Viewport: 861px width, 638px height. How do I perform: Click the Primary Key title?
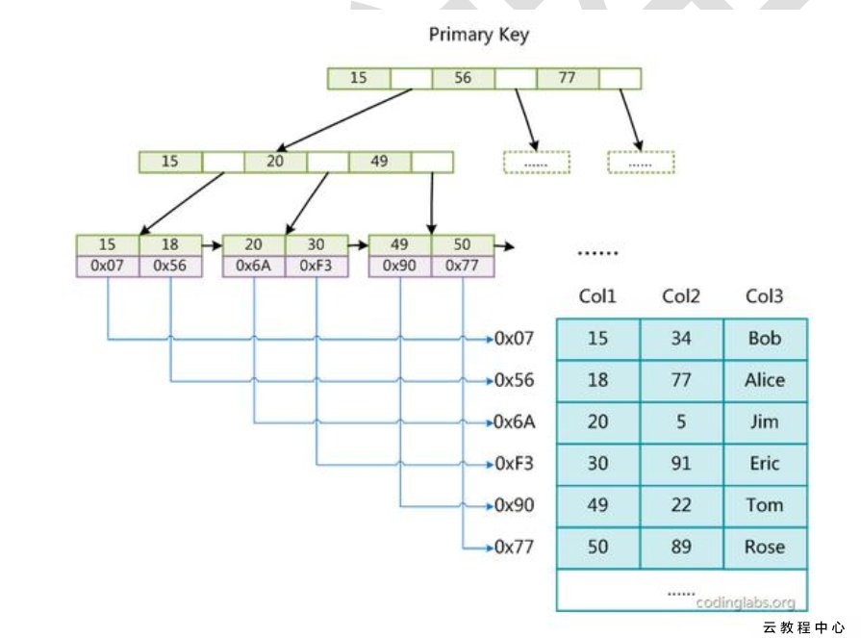478,35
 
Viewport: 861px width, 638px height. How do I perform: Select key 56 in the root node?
463,78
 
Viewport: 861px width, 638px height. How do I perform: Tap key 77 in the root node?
567,78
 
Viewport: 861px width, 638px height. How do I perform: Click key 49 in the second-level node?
379,162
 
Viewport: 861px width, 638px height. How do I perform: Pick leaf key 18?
170,244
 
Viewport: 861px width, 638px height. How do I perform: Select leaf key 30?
317,244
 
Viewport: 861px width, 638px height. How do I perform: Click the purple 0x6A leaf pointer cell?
254,265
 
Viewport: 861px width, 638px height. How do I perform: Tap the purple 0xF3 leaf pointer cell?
317,265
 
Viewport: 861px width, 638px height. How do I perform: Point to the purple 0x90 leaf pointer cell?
399,265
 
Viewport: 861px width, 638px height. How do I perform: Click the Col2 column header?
681,295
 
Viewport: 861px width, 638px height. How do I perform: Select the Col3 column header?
764,295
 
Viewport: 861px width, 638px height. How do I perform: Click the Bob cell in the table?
764,339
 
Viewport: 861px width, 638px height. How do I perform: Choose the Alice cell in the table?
764,380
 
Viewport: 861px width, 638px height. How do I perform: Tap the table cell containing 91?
681,464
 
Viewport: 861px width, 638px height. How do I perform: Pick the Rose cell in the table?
764,547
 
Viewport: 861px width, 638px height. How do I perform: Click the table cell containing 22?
681,505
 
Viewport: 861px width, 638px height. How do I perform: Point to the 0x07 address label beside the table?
515,339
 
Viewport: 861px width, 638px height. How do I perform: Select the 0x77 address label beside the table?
515,547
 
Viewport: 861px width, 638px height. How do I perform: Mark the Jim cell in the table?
764,421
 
